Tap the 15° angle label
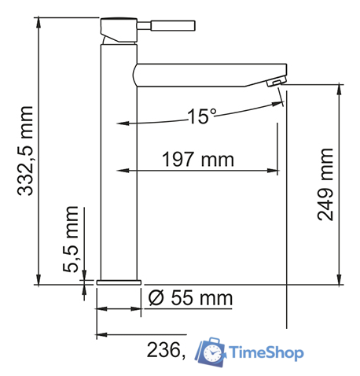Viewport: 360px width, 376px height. coord(201,116)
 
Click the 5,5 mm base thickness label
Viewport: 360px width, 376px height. coord(71,239)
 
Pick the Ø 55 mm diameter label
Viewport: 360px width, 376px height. coord(191,298)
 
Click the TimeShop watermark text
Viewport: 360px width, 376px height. coord(265,353)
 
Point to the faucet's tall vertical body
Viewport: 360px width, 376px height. coord(117,173)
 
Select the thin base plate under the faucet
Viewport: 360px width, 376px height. coord(118,281)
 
